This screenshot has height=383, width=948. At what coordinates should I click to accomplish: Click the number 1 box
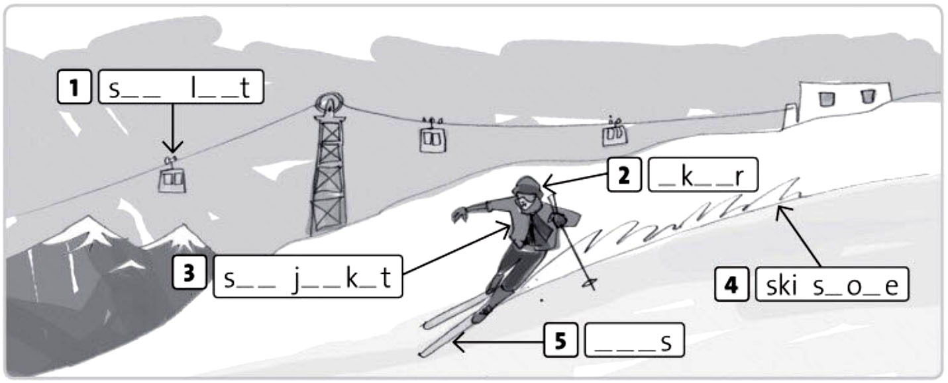coord(74,87)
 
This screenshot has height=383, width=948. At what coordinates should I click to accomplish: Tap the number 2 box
coord(624,175)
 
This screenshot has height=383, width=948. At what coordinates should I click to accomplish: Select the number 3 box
coord(189,273)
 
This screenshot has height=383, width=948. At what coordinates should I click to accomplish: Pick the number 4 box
coord(731,284)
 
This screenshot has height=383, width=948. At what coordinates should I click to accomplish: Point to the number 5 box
coord(560,340)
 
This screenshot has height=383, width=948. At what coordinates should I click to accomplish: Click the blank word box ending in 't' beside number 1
coord(181,87)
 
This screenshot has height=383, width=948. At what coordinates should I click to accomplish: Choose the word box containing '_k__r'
coord(703,175)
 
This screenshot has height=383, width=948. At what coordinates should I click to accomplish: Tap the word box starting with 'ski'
coord(832,284)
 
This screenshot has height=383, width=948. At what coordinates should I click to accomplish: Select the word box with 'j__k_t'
coord(308,277)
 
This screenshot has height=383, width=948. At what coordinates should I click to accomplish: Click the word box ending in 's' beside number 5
coord(635,340)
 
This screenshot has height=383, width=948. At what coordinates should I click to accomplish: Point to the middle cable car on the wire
coord(433,137)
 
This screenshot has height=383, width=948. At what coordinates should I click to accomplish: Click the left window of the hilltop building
coord(825,99)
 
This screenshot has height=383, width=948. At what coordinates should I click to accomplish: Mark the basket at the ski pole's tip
coord(590,284)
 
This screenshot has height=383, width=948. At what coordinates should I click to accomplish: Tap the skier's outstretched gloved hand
coord(459,214)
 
